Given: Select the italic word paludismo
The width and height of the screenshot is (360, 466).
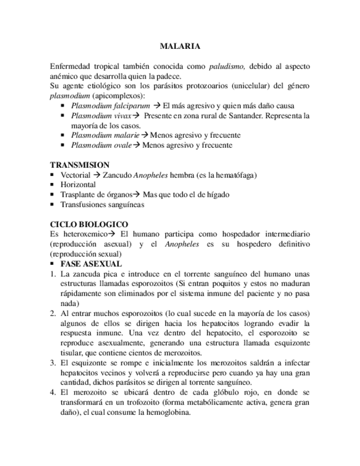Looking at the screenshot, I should point(227,66).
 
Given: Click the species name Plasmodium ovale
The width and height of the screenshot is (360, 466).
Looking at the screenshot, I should point(101,145).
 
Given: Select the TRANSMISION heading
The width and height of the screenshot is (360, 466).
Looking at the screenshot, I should point(80,165).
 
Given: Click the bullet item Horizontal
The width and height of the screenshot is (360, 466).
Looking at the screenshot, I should point(78,185).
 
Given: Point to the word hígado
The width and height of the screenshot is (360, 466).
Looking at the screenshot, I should point(217,195).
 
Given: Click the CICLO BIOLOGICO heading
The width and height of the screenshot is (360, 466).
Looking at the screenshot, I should point(89,224).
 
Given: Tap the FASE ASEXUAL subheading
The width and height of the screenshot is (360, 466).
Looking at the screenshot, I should point(91,264).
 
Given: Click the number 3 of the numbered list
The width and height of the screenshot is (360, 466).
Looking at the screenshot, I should point(52,363).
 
